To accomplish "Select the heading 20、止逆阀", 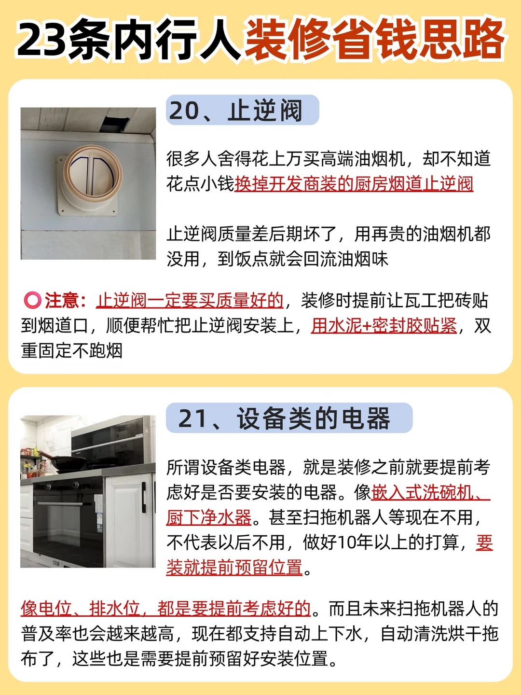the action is pos(236,111).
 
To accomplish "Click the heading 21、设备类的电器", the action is pos(284,418).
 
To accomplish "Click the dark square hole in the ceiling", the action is pos(115,125).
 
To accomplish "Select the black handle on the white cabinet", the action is pos(144,498).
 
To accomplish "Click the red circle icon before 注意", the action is pos(33,300).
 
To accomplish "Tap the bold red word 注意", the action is pos(62,301).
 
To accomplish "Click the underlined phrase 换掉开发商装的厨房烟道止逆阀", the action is pos(354,184).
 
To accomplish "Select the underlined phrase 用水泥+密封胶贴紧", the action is pos(384,325).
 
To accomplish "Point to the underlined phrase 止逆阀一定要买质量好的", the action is pos(190,301).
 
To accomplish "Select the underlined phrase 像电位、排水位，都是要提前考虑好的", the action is pos(165,609).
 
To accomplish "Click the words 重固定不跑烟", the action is pos(72,351).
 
